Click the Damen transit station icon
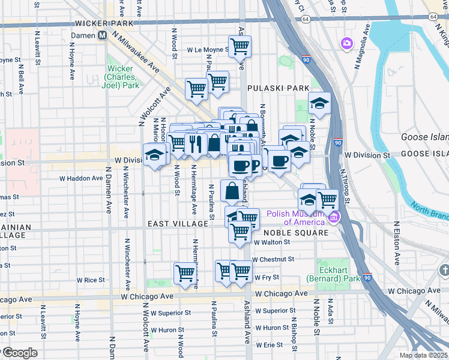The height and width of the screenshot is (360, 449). click(x=103, y=35)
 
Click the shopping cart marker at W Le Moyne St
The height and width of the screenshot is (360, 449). click(x=240, y=46)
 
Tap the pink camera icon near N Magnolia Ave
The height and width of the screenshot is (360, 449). click(x=346, y=43)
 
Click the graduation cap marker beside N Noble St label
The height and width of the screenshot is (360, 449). click(x=320, y=104)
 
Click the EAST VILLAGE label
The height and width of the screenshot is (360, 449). click(x=178, y=223)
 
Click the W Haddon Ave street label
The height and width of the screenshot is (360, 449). click(x=80, y=178)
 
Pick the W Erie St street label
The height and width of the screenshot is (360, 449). click(x=269, y=345)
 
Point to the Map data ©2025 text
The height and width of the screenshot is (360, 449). click(x=423, y=355)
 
